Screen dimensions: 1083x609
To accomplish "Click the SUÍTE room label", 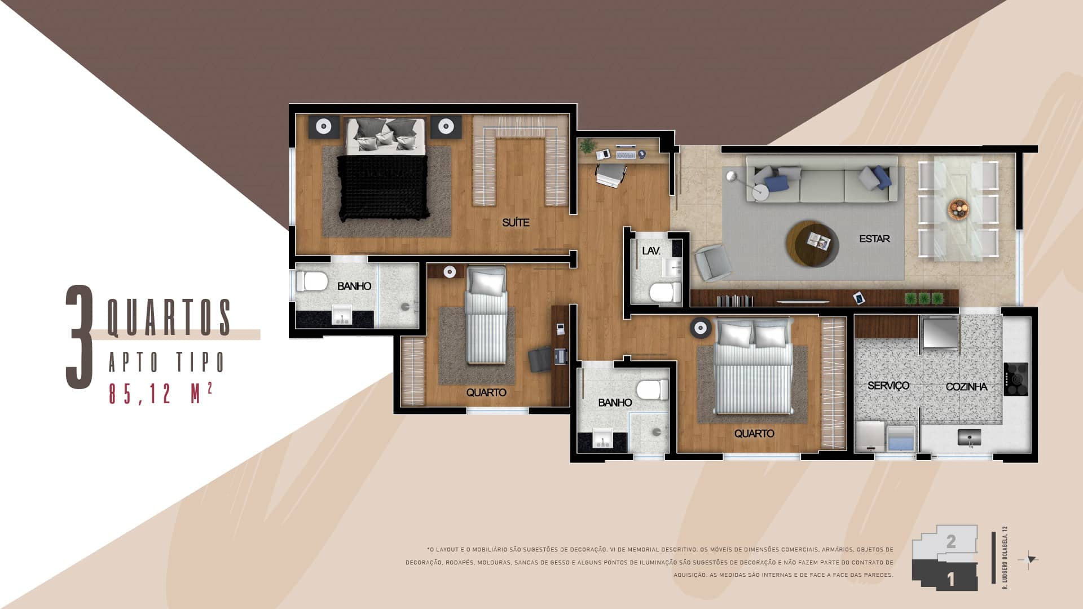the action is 516,223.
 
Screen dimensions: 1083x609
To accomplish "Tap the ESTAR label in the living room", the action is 874,239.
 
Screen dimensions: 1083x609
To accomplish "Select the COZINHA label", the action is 966,387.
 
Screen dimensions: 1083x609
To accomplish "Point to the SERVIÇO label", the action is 888,386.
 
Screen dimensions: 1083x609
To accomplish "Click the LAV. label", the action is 651,251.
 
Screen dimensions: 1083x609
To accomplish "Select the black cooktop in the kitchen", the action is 1015,379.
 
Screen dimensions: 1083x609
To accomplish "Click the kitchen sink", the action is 969,437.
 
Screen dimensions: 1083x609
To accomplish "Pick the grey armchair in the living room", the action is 712,263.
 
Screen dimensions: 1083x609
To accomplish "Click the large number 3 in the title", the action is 80,338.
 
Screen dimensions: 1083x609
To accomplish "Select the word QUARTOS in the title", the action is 169,318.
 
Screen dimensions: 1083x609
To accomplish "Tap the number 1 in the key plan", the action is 951,580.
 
